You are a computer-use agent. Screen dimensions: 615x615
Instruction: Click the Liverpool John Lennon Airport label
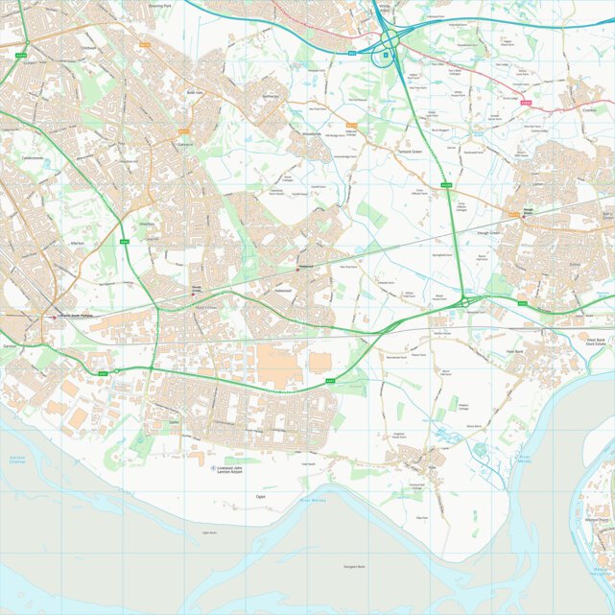(237, 469)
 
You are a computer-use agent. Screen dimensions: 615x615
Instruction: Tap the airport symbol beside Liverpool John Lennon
(213, 468)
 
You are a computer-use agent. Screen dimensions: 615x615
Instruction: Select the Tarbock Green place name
(410, 151)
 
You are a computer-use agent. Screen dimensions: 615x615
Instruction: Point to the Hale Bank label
(513, 352)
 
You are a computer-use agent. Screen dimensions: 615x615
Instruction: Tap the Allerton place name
(77, 244)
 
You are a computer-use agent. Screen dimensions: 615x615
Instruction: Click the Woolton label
(148, 223)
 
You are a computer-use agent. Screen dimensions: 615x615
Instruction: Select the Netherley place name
(270, 97)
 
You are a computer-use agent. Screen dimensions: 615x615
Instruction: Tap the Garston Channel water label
(17, 460)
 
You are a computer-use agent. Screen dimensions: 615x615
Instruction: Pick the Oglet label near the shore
(261, 497)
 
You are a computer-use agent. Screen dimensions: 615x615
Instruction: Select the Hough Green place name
(487, 233)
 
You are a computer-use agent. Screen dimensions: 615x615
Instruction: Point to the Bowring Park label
(160, 6)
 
